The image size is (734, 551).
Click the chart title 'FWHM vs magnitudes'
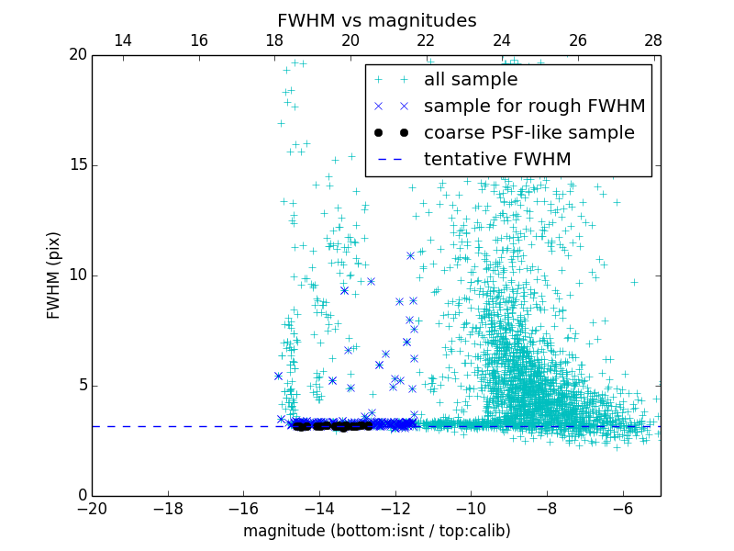(376, 20)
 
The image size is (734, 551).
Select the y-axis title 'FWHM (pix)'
(54, 275)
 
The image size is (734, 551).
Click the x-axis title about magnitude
(376, 531)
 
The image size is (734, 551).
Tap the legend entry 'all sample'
(470, 80)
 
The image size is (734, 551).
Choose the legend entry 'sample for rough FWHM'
(534, 106)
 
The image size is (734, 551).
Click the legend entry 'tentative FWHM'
(497, 159)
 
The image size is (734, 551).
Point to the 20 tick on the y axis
(77, 55)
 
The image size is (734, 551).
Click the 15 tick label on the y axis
(77, 165)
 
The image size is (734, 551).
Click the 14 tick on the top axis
(122, 40)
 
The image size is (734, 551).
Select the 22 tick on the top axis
(426, 40)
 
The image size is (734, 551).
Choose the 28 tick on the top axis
(653, 40)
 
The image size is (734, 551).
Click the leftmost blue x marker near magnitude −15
(278, 376)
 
